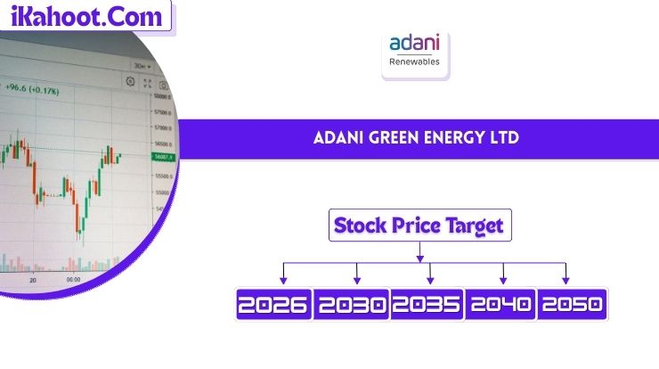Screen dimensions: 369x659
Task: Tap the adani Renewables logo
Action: [x=416, y=53]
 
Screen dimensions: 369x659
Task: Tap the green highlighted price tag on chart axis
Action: [x=165, y=157]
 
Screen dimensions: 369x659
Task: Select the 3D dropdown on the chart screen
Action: [x=140, y=66]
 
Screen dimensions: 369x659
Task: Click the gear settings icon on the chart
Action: [x=131, y=82]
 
